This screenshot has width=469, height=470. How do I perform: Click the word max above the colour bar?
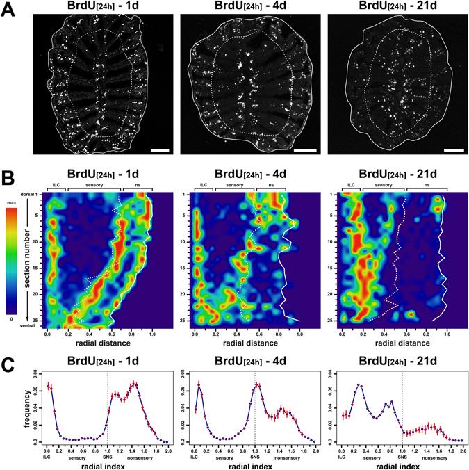click(x=13, y=203)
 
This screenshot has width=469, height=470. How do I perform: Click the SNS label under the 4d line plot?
click(x=256, y=453)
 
